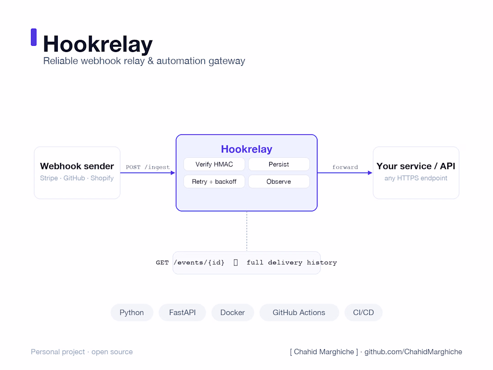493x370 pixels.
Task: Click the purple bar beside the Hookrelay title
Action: click(34, 37)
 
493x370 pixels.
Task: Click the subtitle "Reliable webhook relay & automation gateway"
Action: click(144, 61)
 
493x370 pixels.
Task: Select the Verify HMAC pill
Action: click(214, 164)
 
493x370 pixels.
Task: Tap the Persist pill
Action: click(279, 164)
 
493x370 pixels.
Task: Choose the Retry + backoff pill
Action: click(214, 182)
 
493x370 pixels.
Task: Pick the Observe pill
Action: click(279, 182)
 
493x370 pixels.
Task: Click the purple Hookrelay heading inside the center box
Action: click(246, 149)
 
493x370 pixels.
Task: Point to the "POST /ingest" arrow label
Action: click(148, 167)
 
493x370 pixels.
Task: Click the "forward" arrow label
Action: click(345, 167)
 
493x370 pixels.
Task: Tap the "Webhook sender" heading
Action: click(77, 166)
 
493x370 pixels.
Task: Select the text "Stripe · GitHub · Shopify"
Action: click(77, 178)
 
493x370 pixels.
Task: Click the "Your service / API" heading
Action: click(415, 166)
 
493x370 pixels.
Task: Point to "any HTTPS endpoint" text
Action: click(415, 178)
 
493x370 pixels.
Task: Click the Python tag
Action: click(132, 313)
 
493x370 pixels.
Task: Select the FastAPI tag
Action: click(182, 313)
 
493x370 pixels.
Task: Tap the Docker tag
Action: click(233, 313)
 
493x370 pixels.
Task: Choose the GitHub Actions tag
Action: click(299, 313)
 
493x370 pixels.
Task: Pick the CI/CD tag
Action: click(363, 313)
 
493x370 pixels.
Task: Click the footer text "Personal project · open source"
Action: click(82, 352)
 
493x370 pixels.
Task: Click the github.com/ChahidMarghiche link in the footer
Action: click(413, 352)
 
